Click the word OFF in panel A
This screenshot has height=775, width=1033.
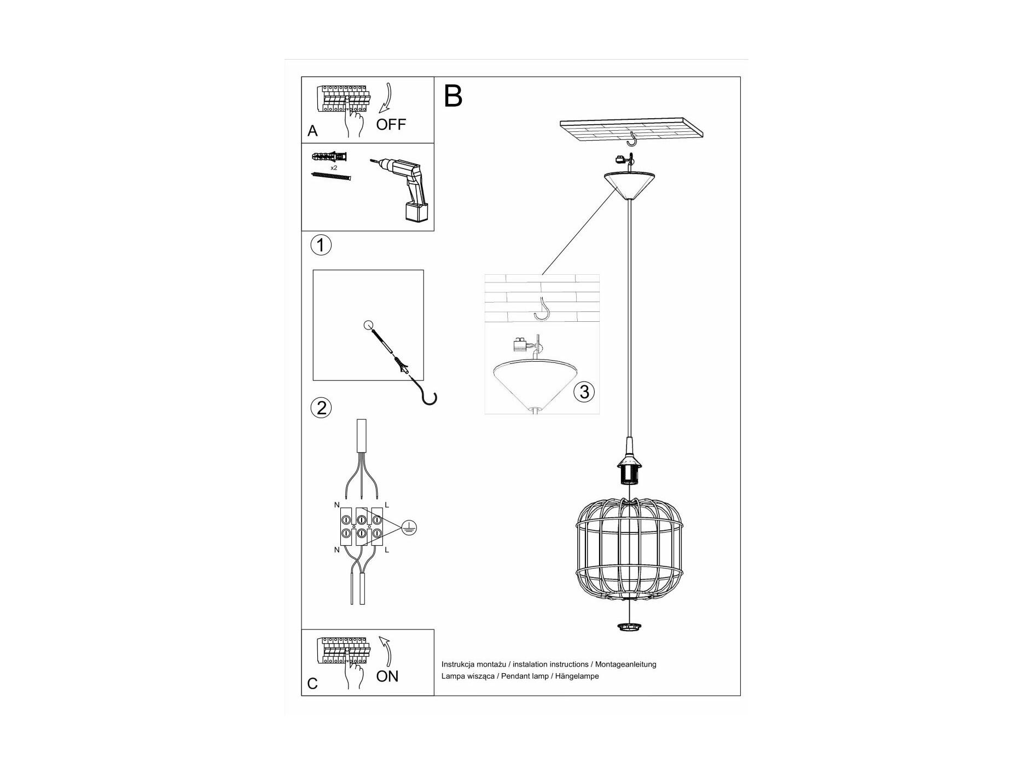point(391,124)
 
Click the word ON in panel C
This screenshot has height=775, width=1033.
point(387,676)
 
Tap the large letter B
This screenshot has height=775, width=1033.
point(453,96)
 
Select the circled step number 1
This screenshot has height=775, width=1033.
point(321,245)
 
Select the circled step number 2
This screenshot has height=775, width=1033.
point(321,408)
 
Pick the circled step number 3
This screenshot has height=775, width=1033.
point(584,392)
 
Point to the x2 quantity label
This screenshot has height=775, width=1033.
point(334,167)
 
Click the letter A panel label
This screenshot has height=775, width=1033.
point(312,131)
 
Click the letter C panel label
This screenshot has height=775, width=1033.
point(312,684)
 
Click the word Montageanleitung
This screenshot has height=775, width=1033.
point(625,664)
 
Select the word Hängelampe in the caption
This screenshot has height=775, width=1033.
point(577,676)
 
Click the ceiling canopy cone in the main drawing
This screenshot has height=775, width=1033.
point(630,186)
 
